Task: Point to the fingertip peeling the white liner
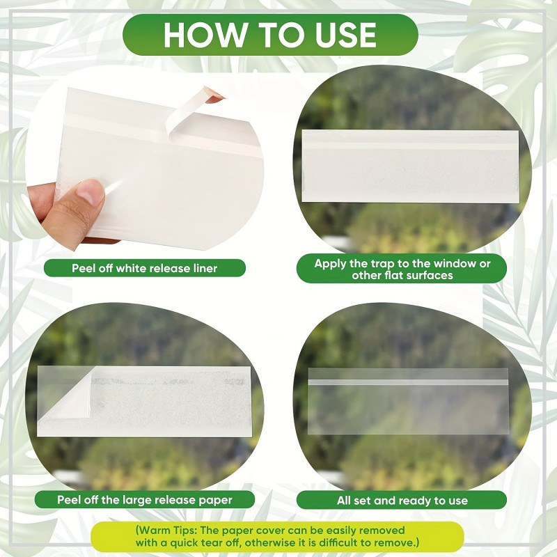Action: [x=214, y=97]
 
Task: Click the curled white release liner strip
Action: [x=185, y=113]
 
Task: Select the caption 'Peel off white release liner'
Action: [x=145, y=268]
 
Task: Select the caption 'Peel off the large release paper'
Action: [x=145, y=500]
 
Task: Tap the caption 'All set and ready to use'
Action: [x=402, y=501]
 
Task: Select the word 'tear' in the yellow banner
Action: [x=213, y=543]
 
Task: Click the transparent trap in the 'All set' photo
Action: [x=408, y=402]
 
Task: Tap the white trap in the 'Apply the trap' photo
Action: [x=410, y=166]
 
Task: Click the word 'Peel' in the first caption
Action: [x=84, y=268]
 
